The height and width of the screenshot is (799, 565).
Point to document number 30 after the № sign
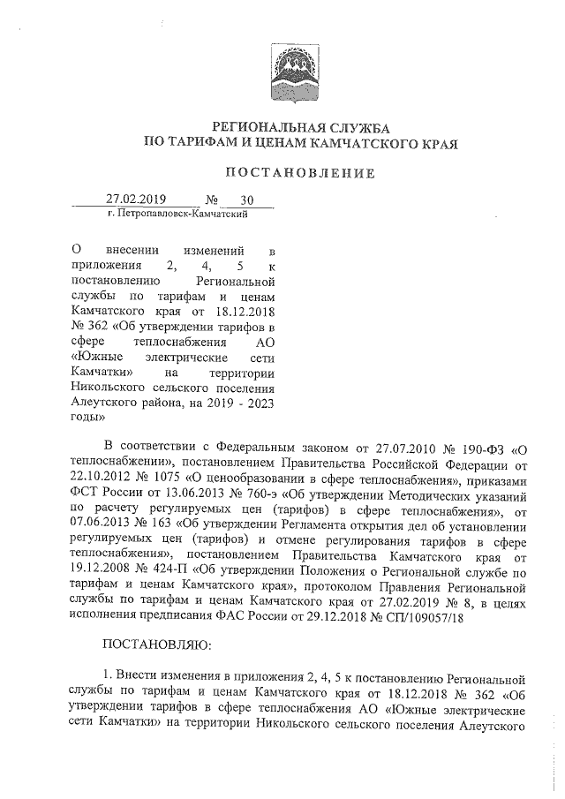click(x=233, y=200)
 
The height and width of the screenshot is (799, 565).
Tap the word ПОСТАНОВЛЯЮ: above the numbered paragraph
click(x=157, y=647)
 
